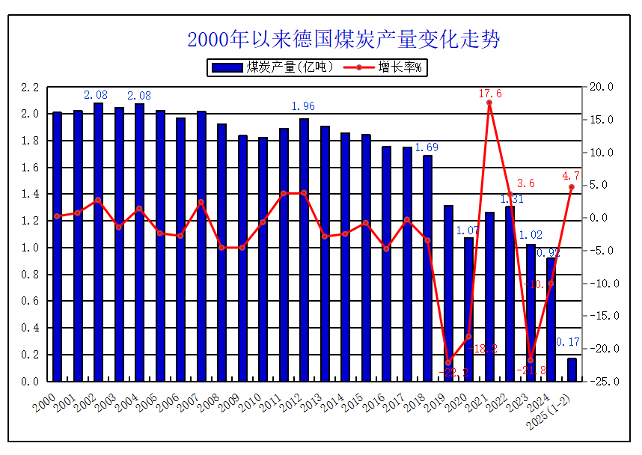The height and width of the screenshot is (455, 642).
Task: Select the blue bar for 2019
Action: (448, 292)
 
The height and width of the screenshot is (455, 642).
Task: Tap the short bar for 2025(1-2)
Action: (572, 370)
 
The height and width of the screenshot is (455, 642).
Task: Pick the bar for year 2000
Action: (57, 247)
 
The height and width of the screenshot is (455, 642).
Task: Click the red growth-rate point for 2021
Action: (489, 103)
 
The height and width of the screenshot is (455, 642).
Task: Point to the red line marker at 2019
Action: (448, 363)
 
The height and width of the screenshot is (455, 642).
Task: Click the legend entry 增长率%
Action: (389, 67)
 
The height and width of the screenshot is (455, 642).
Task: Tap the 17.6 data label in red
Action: (490, 94)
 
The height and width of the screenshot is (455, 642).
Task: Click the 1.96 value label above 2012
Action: (303, 106)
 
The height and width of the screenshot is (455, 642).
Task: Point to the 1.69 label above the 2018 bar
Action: (427, 147)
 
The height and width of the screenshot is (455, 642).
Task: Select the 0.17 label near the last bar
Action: (568, 342)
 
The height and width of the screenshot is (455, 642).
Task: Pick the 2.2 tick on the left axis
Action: (30, 88)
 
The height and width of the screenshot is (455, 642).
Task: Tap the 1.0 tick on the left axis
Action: (30, 248)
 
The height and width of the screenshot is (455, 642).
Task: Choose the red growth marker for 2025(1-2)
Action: (572, 187)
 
